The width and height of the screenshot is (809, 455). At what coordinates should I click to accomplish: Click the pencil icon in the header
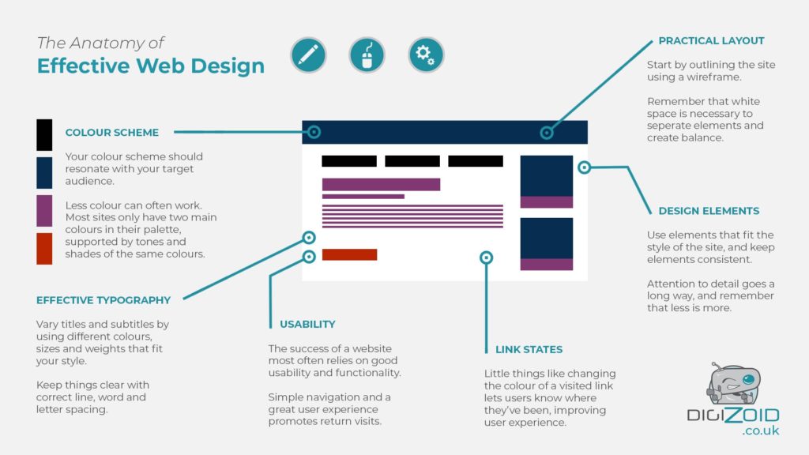point(309,55)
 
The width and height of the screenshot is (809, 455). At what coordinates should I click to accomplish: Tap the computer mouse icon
point(367,55)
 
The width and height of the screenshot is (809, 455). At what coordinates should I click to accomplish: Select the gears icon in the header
point(426,55)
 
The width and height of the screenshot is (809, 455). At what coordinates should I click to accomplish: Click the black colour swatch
point(44,134)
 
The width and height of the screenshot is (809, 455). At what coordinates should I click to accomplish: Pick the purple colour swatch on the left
point(44,210)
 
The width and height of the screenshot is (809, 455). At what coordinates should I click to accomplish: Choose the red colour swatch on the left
point(44,249)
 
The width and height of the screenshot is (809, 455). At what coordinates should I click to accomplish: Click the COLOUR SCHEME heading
point(112,133)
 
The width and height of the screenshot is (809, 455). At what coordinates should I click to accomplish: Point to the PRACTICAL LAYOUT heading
point(712,41)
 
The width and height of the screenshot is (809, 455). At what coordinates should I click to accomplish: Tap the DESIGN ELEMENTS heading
point(709,211)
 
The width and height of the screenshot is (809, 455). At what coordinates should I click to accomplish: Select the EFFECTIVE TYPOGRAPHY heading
point(103,300)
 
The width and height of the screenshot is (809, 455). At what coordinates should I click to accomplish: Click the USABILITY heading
point(307,325)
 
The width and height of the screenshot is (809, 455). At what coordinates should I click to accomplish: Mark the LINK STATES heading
point(529,350)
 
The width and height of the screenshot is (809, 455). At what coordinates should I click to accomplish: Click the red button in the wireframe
point(349,254)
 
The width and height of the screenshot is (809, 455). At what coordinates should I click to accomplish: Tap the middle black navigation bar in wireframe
point(412,161)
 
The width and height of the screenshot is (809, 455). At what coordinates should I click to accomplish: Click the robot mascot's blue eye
point(749,380)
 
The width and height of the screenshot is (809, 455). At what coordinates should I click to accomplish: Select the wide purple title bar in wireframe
point(381,184)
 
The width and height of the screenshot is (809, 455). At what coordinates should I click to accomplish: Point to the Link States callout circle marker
point(486,258)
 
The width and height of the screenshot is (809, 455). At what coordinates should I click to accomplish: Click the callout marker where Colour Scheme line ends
point(314,132)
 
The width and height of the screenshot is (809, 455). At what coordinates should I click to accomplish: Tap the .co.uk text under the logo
point(761,431)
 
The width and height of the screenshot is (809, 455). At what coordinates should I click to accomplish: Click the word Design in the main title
point(228,66)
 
